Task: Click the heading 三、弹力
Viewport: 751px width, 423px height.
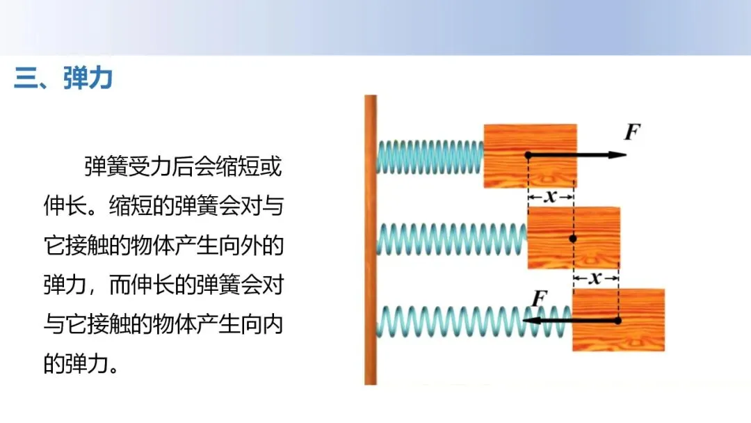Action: pos(63,78)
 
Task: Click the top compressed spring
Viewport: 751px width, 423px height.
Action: pos(430,156)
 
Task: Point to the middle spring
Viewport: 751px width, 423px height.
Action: pos(452,239)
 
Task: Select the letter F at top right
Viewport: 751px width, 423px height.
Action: pos(631,131)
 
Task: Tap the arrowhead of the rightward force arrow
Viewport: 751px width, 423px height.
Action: pos(617,154)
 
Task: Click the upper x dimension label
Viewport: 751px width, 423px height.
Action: pos(551,198)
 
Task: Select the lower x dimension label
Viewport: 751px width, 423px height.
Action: pos(595,279)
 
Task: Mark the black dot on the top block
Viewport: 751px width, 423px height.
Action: pos(528,154)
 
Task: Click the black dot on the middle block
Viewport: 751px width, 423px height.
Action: pos(573,239)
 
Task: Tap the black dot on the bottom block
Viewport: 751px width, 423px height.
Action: pos(617,321)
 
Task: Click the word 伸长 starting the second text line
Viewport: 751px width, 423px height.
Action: pos(64,207)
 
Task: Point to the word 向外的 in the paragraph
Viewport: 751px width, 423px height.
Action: pos(249,246)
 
